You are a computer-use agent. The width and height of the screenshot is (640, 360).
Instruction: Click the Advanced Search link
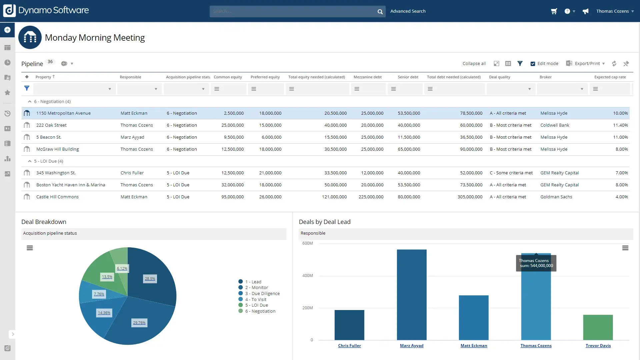pyautogui.click(x=408, y=11)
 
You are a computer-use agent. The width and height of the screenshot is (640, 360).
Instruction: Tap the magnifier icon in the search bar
pyautogui.click(x=380, y=12)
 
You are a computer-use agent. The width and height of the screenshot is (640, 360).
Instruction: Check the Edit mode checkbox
pyautogui.click(x=533, y=64)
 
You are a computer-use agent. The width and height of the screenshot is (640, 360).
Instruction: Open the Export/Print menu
pyautogui.click(x=587, y=63)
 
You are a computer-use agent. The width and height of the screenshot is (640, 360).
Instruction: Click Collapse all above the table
pyautogui.click(x=474, y=63)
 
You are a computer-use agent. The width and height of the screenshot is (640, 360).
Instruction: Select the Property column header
pyautogui.click(x=43, y=77)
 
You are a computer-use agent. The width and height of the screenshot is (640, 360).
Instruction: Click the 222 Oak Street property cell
pyautogui.click(x=51, y=125)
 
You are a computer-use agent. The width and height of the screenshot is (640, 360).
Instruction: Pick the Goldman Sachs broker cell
pyautogui.click(x=556, y=197)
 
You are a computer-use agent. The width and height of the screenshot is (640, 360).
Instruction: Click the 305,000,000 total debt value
pyautogui.click(x=470, y=197)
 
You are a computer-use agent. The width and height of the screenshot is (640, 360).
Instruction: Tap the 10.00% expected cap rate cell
pyautogui.click(x=620, y=113)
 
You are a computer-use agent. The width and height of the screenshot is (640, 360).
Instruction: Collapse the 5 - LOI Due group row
pyautogui.click(x=30, y=161)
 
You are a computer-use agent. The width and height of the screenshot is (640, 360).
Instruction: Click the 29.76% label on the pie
pyautogui.click(x=139, y=323)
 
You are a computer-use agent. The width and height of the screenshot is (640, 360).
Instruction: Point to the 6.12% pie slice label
pyautogui.click(x=122, y=268)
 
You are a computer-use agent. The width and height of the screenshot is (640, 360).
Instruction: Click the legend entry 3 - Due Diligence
pyautogui.click(x=262, y=294)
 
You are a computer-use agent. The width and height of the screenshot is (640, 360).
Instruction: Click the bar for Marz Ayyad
pyautogui.click(x=411, y=295)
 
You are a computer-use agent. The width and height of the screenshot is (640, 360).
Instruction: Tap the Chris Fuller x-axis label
pyautogui.click(x=349, y=346)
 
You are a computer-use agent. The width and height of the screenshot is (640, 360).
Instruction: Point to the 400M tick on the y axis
pyautogui.click(x=307, y=276)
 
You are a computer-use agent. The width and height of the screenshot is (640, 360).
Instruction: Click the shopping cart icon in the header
pyautogui.click(x=554, y=11)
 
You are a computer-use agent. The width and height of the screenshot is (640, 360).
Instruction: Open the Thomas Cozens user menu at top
pyautogui.click(x=615, y=11)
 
